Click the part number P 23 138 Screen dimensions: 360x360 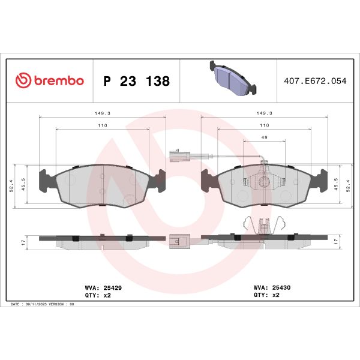(136, 81)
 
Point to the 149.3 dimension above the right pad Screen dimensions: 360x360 (265, 112)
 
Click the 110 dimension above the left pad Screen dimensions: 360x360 (102, 125)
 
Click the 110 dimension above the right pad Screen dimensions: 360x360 (264, 125)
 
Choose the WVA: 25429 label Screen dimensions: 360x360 (104, 288)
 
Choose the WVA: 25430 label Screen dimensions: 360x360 (272, 288)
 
